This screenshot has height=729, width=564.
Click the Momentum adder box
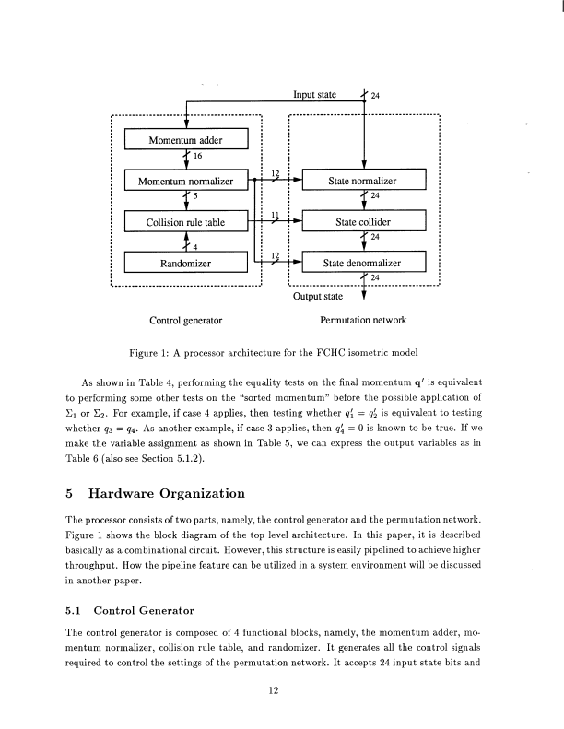pos(187,140)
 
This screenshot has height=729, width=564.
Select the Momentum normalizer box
pos(187,181)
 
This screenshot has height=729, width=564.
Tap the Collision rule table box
pos(187,222)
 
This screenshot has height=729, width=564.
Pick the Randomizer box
pos(187,264)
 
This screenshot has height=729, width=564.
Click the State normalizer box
pos(365,181)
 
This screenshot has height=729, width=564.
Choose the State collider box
pos(365,222)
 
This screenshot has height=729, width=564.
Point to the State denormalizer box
pos(365,264)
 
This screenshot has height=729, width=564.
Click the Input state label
pos(315,95)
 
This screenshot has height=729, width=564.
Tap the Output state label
pos(319,297)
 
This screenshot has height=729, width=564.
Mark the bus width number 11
pos(276,215)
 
